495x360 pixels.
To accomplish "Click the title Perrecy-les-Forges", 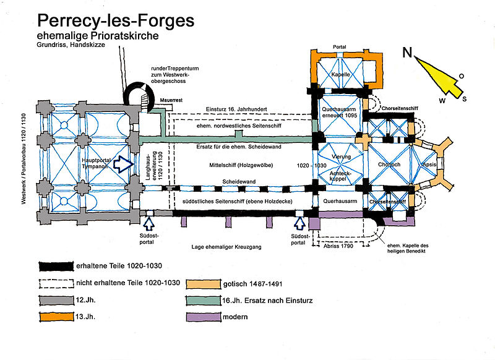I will pos(116,20).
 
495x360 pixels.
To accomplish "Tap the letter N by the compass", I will pos(407,52).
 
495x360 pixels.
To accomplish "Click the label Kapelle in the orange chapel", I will pos(341,74).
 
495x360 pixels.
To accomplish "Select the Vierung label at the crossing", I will pos(341,156).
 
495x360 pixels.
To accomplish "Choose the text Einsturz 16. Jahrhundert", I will pos(237,109).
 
